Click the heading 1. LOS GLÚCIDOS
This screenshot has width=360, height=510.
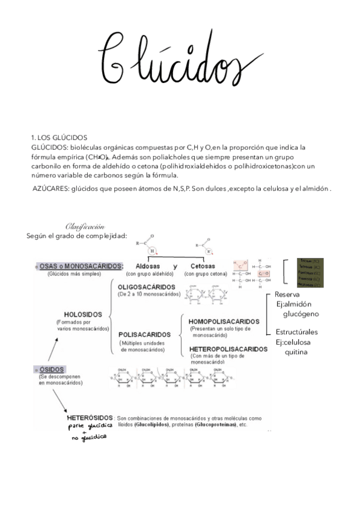click(x=59, y=138)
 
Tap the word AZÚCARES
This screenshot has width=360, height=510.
click(x=50, y=189)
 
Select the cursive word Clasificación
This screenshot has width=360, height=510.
click(x=85, y=227)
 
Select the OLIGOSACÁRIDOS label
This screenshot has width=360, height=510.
click(x=146, y=287)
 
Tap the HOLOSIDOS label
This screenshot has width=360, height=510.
click(x=83, y=314)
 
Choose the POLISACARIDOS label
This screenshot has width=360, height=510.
click(x=144, y=334)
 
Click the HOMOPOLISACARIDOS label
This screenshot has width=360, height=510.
click(x=223, y=322)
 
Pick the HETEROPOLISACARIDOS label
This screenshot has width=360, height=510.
click(x=228, y=349)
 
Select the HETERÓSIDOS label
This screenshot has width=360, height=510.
click(x=90, y=417)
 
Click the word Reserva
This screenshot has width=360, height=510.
click(x=287, y=295)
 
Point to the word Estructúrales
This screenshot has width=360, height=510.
click(x=296, y=332)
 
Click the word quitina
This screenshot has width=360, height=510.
click(x=296, y=352)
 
